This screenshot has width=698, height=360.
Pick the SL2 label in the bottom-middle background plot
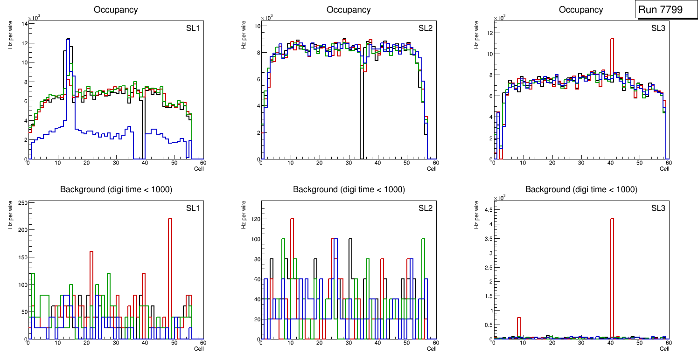coord(425,208)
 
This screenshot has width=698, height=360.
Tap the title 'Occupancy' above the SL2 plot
coord(349,10)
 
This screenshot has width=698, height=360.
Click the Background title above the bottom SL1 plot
coord(116,189)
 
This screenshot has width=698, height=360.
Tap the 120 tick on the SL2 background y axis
coord(255,219)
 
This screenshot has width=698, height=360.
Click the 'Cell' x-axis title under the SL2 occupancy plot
coord(432,169)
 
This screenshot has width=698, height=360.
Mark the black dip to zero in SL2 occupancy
coord(361,117)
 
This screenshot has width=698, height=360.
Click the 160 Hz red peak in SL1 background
coord(91,289)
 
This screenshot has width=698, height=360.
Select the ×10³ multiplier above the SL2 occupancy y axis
coord(267,18)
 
